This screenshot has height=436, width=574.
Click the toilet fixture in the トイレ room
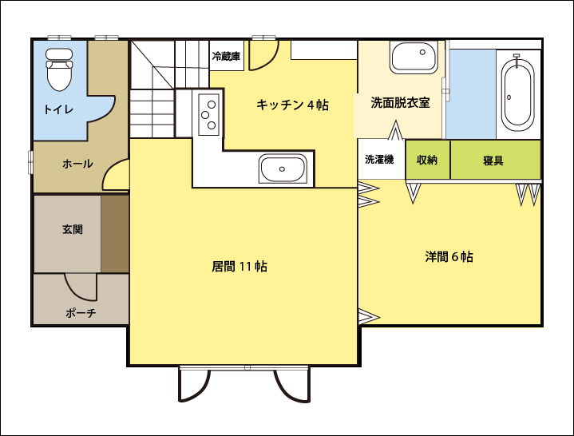tap(59, 69)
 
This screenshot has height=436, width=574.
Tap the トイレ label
tap(58, 109)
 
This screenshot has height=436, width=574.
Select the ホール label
tap(77, 164)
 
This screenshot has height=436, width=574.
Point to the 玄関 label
tap(73, 229)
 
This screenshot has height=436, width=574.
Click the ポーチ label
tap(81, 313)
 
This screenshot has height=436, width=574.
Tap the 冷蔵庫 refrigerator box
tap(227, 56)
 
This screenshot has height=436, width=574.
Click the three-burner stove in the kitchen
tap(208, 114)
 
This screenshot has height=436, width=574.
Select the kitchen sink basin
tap(283, 168)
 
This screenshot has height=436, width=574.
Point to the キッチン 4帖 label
tap(292, 105)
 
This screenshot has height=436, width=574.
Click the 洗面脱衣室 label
tap(400, 102)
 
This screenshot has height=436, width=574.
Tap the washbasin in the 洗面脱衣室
tap(414, 57)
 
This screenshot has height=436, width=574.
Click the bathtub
tap(517, 93)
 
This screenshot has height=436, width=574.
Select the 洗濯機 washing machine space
tap(381, 159)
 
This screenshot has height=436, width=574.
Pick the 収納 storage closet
tap(428, 160)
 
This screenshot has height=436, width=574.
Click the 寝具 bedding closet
tap(495, 160)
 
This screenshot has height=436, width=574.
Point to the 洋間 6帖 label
tap(449, 256)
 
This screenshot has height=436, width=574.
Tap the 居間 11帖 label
tap(239, 266)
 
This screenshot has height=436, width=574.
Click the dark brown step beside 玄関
tap(115, 234)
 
